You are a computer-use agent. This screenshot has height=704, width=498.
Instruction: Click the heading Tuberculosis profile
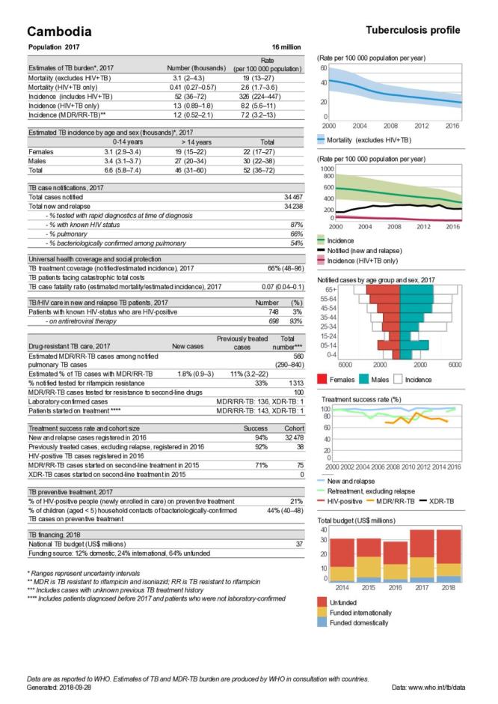413,30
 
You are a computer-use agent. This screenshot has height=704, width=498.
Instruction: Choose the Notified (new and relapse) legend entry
369,249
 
